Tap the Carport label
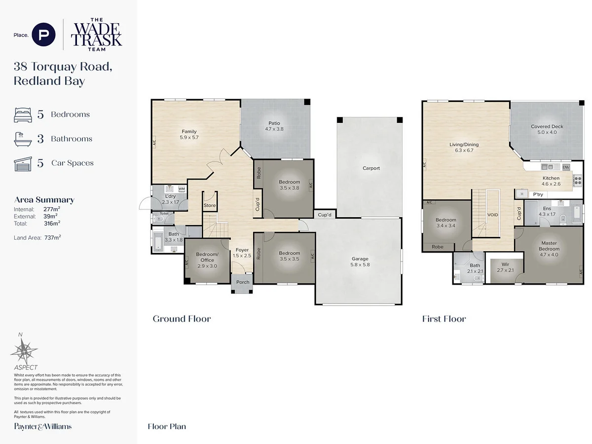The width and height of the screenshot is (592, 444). [371, 168]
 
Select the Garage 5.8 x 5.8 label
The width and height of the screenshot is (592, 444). [360, 261]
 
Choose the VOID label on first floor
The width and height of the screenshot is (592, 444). [492, 215]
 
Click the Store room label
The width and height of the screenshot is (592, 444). [210, 206]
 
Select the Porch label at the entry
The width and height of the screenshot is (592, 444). [243, 282]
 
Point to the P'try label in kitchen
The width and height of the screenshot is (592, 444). [538, 194]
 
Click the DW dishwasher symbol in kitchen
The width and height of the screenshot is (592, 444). [565, 167]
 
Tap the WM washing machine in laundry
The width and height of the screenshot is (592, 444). [182, 189]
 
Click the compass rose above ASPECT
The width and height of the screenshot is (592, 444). [24, 351]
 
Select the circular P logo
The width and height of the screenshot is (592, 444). [43, 35]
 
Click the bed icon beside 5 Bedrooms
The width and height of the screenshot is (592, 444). [23, 114]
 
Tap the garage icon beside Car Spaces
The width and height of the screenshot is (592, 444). [23, 163]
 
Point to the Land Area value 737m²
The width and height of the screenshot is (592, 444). [52, 237]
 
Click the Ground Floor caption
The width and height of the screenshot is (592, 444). [182, 319]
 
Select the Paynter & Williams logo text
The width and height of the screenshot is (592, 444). [42, 426]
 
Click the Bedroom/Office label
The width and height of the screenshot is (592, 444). [207, 257]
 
